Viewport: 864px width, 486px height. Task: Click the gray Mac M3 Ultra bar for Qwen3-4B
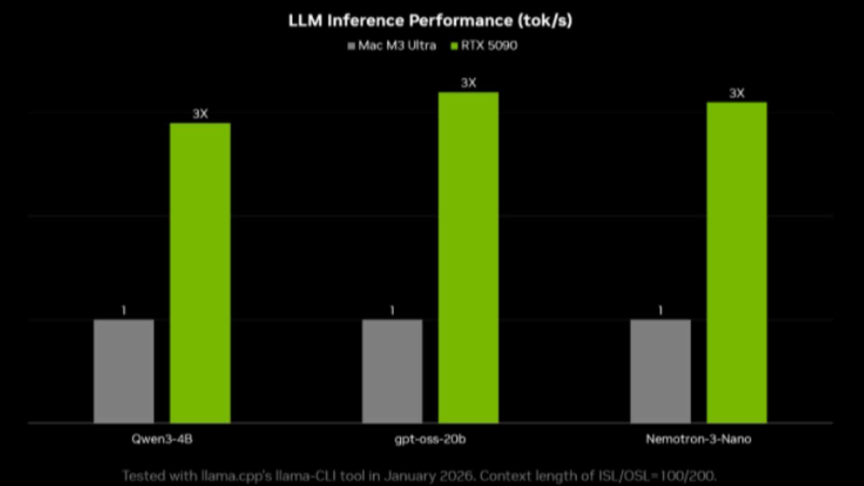(x=124, y=371)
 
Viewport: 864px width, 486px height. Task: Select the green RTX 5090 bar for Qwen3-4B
(x=200, y=273)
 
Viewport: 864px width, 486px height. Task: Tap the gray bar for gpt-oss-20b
(x=392, y=371)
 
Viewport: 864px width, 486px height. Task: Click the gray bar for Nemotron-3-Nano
(x=660, y=371)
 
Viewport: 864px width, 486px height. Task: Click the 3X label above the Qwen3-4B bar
(x=200, y=114)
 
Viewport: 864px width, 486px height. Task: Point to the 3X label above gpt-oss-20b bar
(x=468, y=83)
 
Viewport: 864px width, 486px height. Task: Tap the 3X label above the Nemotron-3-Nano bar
(x=737, y=93)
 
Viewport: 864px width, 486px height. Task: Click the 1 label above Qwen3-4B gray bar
(x=124, y=310)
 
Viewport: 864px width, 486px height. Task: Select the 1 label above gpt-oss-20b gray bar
(x=392, y=310)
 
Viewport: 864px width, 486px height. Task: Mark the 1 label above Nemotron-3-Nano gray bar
(x=660, y=310)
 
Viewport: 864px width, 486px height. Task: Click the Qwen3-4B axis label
(x=162, y=439)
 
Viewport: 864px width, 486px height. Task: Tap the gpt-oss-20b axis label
(x=430, y=439)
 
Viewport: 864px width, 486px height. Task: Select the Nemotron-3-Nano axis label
(x=698, y=439)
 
